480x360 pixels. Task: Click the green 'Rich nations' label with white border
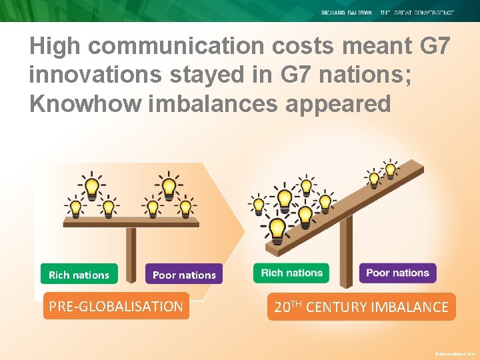click(291, 272)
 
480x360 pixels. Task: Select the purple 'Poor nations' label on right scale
click(397, 272)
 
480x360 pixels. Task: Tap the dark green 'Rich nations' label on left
click(79, 275)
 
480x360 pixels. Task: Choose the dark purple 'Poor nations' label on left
click(184, 275)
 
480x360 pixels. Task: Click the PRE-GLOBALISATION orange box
click(116, 307)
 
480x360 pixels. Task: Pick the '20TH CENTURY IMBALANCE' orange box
click(361, 307)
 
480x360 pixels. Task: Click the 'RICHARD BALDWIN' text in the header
click(347, 13)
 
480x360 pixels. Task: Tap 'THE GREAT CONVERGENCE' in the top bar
click(418, 13)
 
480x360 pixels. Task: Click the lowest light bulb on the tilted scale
click(275, 231)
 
